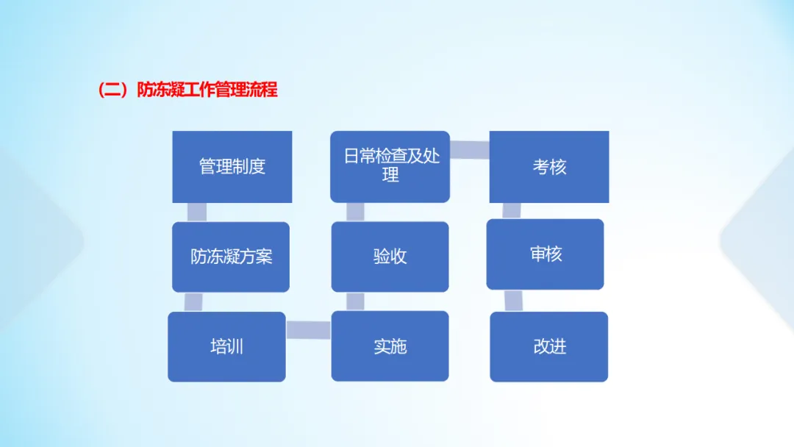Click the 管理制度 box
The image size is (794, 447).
pyautogui.click(x=232, y=167)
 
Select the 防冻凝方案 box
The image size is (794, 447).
pyautogui.click(x=231, y=257)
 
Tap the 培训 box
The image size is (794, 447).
pyautogui.click(x=226, y=346)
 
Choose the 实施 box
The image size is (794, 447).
pyautogui.click(x=390, y=346)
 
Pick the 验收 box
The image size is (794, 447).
pyautogui.click(x=390, y=257)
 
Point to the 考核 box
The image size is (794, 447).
pyautogui.click(x=549, y=167)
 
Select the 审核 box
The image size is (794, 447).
pyautogui.click(x=545, y=254)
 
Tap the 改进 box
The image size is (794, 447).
pyautogui.click(x=549, y=346)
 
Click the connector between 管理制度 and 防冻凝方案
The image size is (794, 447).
pyautogui.click(x=197, y=212)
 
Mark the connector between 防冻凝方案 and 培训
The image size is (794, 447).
pyautogui.click(x=193, y=301)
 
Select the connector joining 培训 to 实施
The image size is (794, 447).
pyautogui.click(x=308, y=330)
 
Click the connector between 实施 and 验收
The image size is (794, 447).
pyautogui.click(x=355, y=301)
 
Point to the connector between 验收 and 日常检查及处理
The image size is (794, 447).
pyautogui.click(x=355, y=212)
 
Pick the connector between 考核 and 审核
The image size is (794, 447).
pyautogui.click(x=512, y=210)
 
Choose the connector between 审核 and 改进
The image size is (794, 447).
pyautogui.click(x=514, y=300)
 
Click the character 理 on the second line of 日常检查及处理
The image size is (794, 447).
pyautogui.click(x=390, y=176)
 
